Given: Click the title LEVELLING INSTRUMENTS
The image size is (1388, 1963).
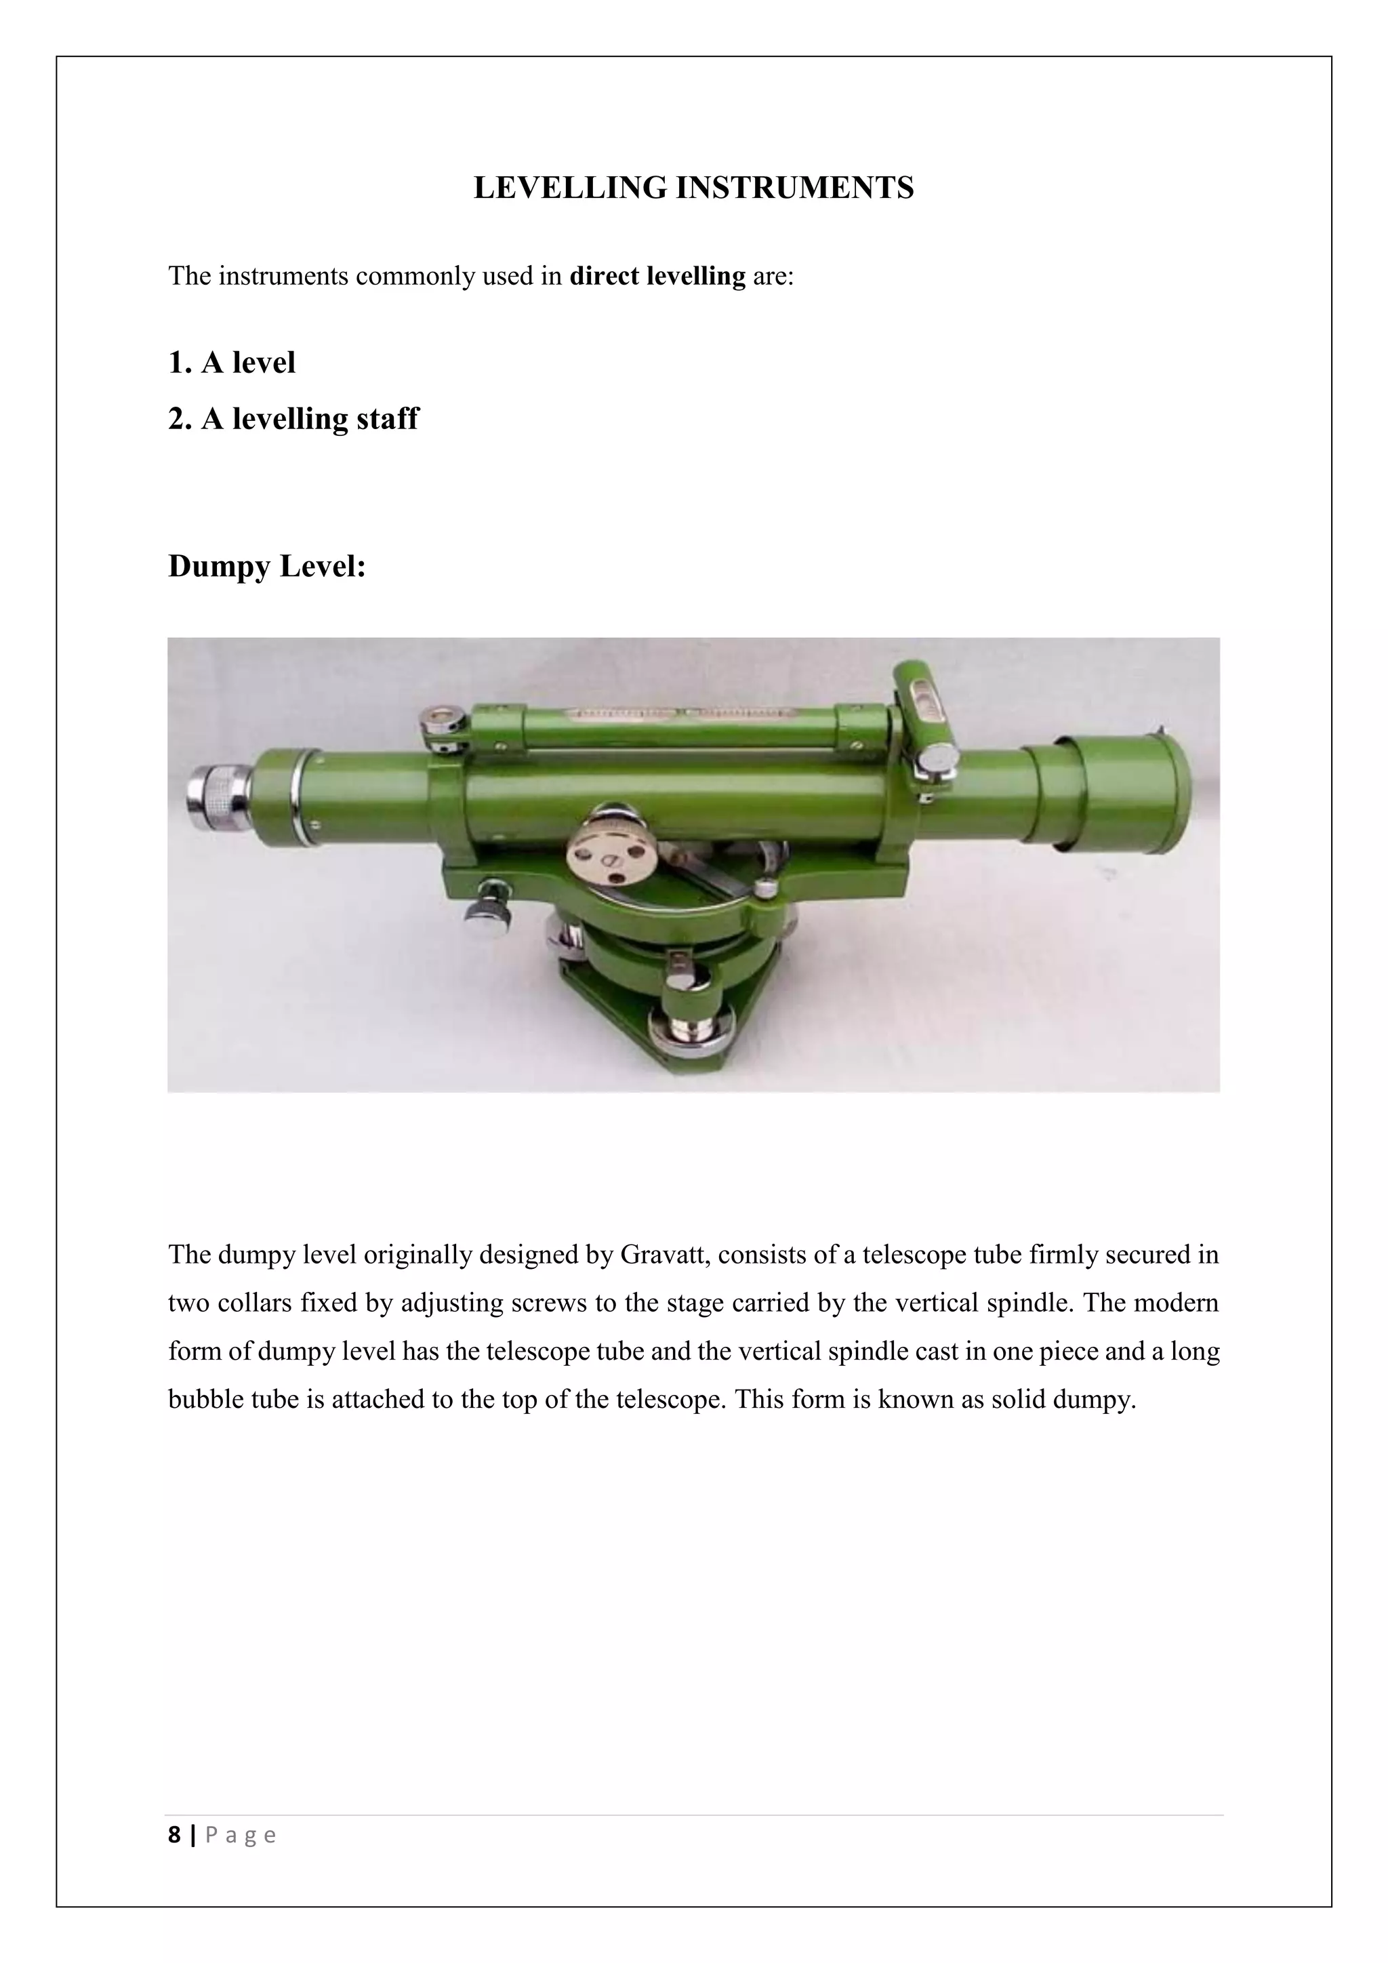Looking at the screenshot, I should click(x=693, y=188).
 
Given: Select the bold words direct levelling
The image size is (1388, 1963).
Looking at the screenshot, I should click(x=657, y=276).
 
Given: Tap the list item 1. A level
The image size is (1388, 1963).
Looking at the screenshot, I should click(x=232, y=363).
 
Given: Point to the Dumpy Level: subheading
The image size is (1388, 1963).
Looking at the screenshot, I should click(x=266, y=566).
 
